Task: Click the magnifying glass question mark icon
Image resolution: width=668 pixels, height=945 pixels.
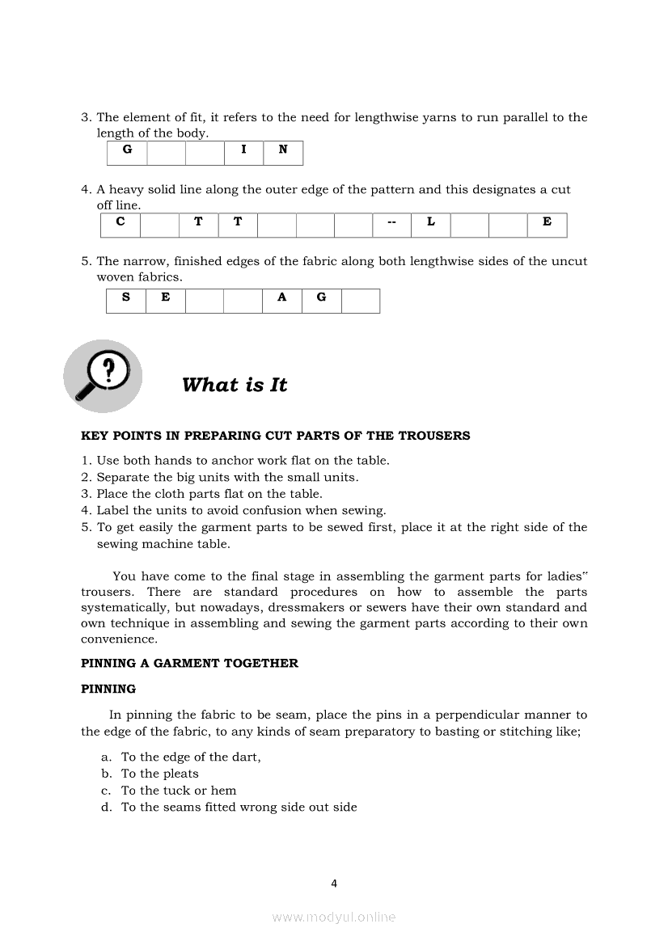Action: pos(103,376)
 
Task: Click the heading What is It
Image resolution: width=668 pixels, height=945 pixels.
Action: pos(235,385)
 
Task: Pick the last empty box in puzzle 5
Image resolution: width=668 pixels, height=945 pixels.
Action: pos(361,300)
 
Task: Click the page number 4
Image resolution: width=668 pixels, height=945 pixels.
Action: pos(334,884)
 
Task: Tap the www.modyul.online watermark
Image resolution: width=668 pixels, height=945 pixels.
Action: pos(334,917)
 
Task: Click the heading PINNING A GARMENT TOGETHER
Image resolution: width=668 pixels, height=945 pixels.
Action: pos(189,663)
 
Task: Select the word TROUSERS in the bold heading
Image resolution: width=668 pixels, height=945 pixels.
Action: pos(434,436)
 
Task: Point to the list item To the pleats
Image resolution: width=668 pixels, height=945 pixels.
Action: pos(159,774)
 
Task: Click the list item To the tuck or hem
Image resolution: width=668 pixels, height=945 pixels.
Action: pos(179,791)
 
